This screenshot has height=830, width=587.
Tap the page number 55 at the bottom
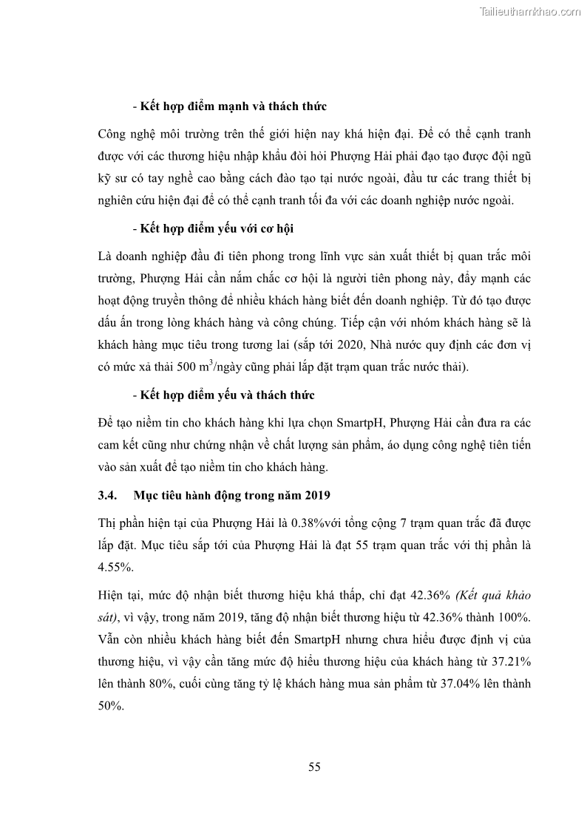click(314, 766)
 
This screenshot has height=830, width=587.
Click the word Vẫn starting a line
click(108, 639)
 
